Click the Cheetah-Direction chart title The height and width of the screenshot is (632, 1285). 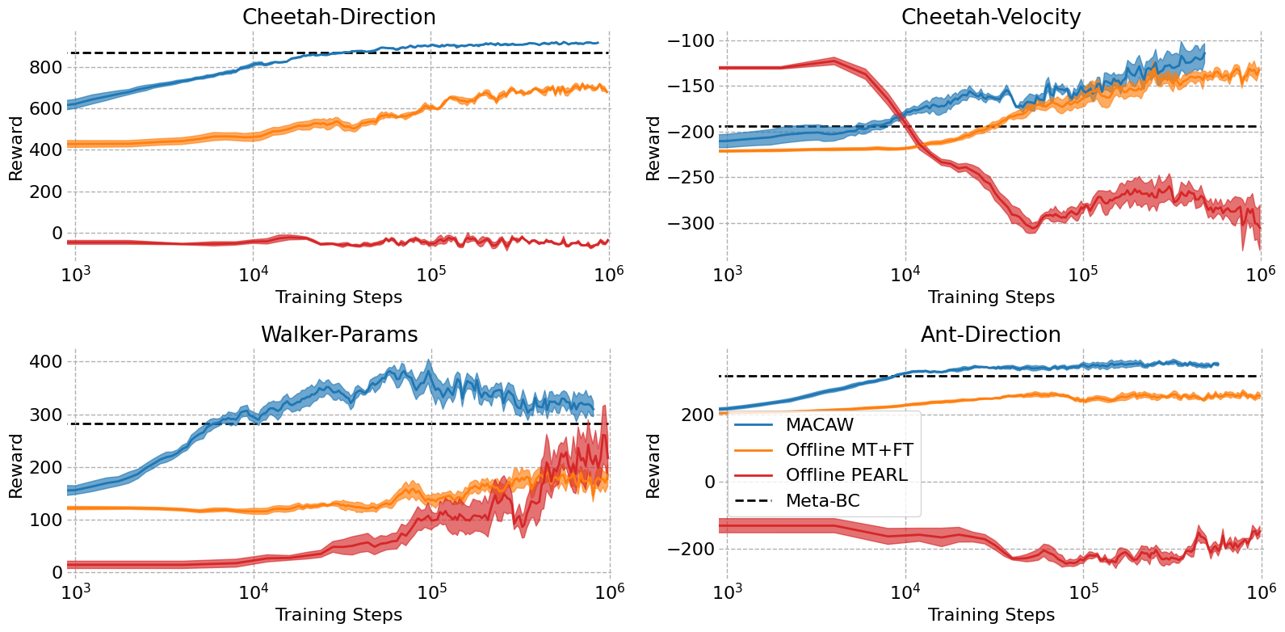[x=338, y=17]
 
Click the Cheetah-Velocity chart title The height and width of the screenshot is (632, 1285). [x=990, y=17]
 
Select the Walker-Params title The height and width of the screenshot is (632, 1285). [x=338, y=335]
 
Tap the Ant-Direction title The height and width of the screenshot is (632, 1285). [x=990, y=335]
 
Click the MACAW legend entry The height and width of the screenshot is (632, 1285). [x=819, y=424]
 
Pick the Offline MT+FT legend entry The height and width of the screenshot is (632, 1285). [x=849, y=449]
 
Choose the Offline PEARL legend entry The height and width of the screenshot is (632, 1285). [x=846, y=475]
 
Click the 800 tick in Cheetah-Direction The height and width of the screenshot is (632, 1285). [x=45, y=67]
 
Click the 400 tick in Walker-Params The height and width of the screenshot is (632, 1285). [x=45, y=362]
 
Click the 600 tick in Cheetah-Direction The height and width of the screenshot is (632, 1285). [x=45, y=108]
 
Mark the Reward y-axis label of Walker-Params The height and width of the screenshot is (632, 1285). [x=15, y=466]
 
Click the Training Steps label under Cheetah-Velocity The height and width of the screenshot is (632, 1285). [x=990, y=297]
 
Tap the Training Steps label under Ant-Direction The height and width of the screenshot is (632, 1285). [x=990, y=615]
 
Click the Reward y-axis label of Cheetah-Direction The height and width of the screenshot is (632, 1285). [x=15, y=148]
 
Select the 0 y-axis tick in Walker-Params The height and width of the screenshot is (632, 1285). [x=57, y=572]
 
